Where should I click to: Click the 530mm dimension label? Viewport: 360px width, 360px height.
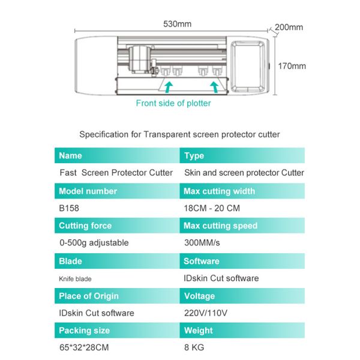coord(177,24)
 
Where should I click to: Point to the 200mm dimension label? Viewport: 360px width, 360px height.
coord(289,27)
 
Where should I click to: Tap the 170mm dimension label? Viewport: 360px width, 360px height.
coord(291,66)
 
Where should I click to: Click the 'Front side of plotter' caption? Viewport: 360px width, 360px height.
coord(173,103)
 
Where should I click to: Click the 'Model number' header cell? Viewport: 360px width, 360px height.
coord(88,191)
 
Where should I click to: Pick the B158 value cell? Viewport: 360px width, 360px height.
coord(69,208)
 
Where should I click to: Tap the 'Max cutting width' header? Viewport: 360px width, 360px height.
coord(219,191)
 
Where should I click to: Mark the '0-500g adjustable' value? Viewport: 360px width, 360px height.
coord(94,243)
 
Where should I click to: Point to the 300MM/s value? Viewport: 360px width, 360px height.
coord(202,243)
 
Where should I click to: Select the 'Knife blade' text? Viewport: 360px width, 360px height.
coord(75,278)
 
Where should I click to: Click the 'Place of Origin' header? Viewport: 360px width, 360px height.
coord(88,296)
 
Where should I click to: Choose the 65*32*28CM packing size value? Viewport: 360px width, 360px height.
coord(84,347)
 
